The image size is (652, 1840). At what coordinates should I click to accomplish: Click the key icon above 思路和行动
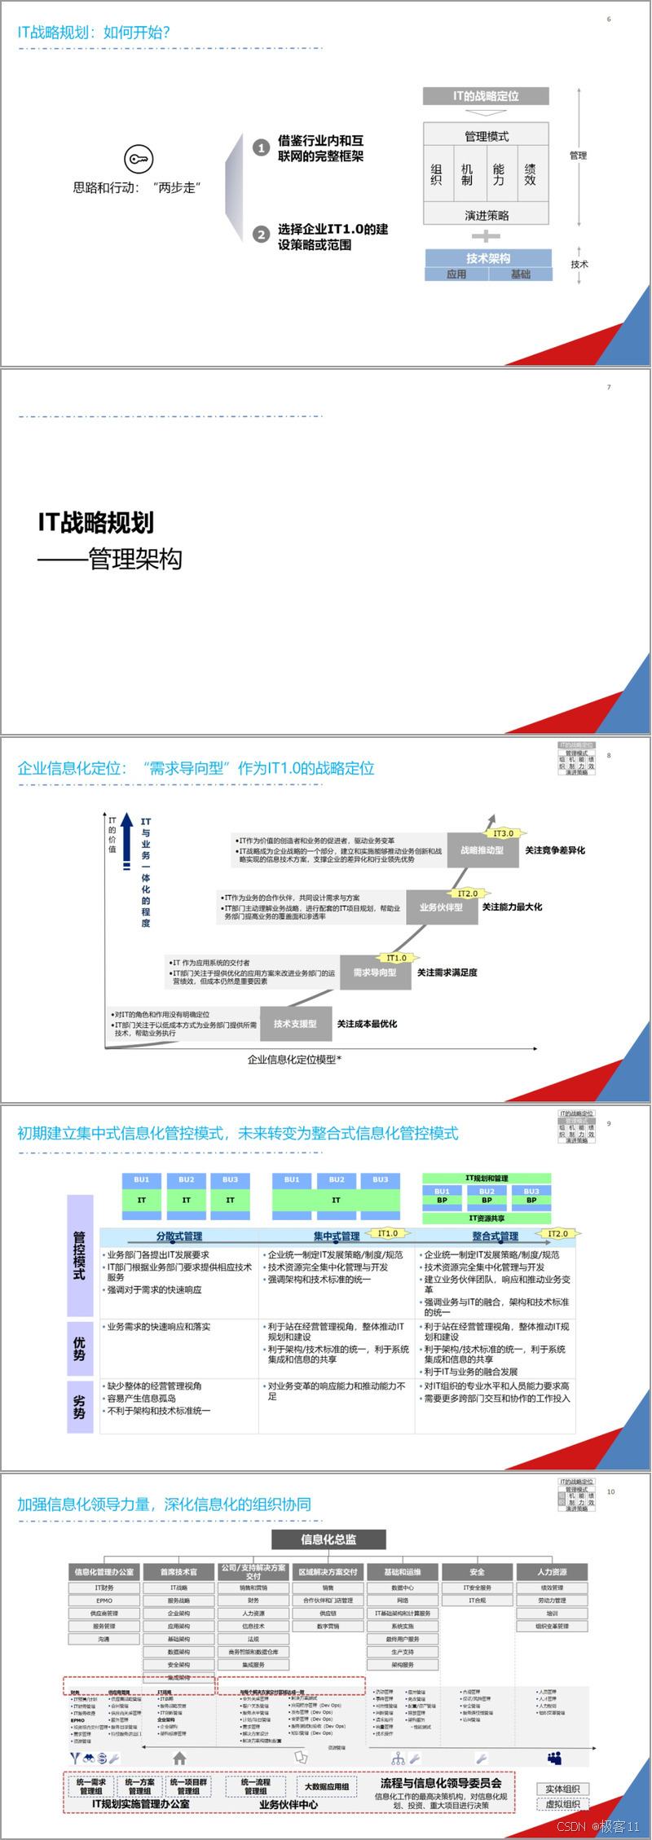tap(138, 158)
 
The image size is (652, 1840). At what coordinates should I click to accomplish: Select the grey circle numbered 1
tap(261, 147)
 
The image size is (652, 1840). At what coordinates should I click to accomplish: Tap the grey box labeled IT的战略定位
tap(486, 96)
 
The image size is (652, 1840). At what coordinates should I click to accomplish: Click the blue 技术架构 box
tap(488, 258)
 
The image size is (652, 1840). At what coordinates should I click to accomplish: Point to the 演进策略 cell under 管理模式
tap(487, 215)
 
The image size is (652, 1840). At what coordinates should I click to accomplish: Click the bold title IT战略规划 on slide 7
tap(96, 522)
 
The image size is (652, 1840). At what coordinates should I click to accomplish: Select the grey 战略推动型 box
tap(482, 850)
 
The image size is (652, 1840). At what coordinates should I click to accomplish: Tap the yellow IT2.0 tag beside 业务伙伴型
tap(468, 894)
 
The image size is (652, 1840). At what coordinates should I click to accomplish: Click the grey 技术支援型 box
tap(295, 1024)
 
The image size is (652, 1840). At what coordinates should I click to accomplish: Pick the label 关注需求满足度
tap(447, 973)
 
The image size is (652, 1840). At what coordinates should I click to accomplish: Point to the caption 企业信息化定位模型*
tap(294, 1059)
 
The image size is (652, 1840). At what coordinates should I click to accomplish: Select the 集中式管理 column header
tap(337, 1236)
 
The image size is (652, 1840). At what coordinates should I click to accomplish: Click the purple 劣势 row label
tap(80, 1407)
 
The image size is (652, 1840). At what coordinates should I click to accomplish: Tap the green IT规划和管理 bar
tap(487, 1178)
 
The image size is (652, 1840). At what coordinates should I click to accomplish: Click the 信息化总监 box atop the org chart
tap(328, 1539)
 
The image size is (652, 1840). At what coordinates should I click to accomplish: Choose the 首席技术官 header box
tap(178, 1571)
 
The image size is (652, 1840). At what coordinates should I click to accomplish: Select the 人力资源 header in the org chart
tap(552, 1571)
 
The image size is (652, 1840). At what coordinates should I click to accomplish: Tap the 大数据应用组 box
tap(327, 1786)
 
